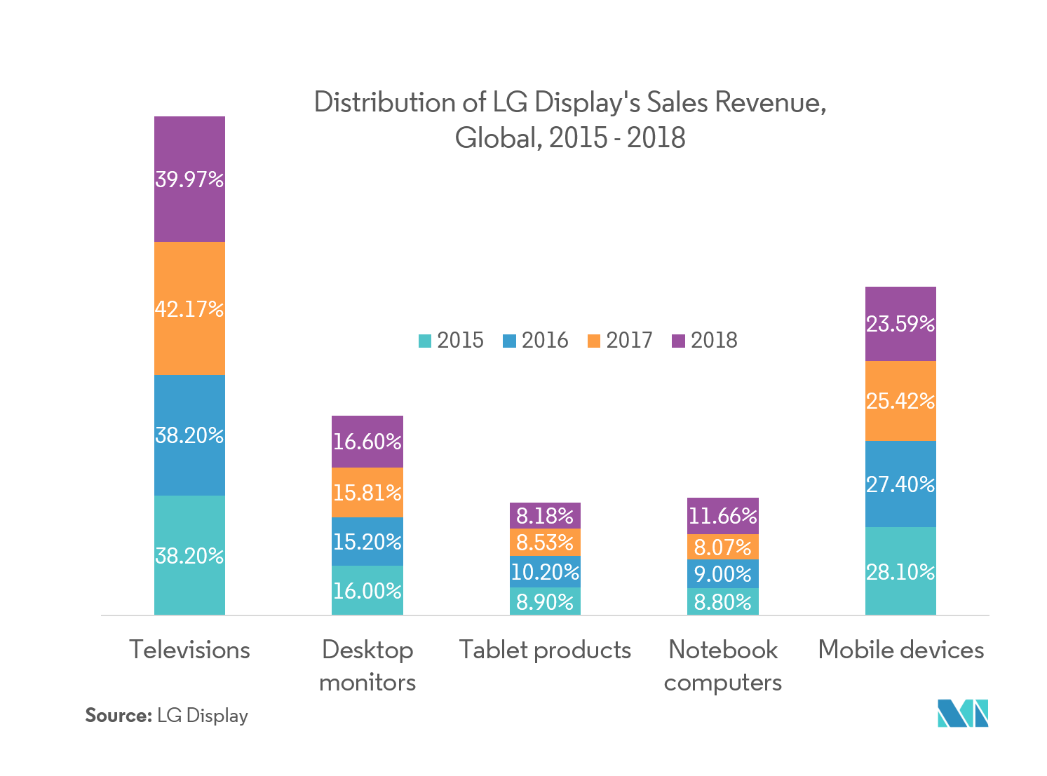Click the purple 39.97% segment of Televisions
click(189, 179)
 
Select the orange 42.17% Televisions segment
click(189, 308)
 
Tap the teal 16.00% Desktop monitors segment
click(367, 590)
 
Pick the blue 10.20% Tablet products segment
click(545, 572)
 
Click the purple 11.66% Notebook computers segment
click(722, 516)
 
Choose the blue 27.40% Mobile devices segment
click(900, 484)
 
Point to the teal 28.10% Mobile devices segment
click(900, 571)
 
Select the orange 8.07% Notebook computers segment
click(722, 547)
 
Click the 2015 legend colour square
click(425, 341)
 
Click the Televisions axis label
click(189, 650)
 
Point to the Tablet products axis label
click(545, 650)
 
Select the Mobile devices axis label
click(901, 650)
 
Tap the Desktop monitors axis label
click(367, 665)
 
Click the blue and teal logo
click(963, 713)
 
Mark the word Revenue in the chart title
click(771, 102)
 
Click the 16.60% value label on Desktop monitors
click(367, 442)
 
